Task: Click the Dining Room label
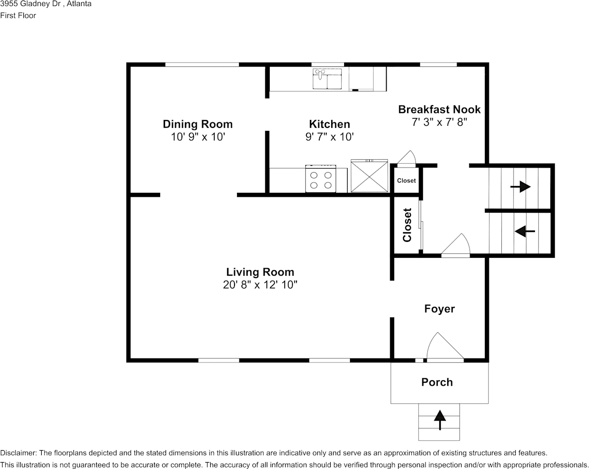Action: point(197,124)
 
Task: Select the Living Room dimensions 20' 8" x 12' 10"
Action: point(260,285)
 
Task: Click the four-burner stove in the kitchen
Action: point(320,179)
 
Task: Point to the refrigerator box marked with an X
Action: point(369,176)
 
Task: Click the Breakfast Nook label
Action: point(439,109)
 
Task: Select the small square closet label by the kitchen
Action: point(406,180)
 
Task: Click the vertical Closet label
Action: point(407,225)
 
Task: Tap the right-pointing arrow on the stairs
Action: point(520,187)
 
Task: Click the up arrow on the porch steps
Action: point(439,419)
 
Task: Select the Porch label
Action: point(437,382)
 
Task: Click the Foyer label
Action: point(439,309)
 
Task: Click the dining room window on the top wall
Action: point(202,64)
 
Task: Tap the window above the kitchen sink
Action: point(327,64)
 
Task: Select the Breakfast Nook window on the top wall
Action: point(438,64)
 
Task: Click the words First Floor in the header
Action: point(18,15)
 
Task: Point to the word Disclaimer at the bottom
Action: point(18,453)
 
